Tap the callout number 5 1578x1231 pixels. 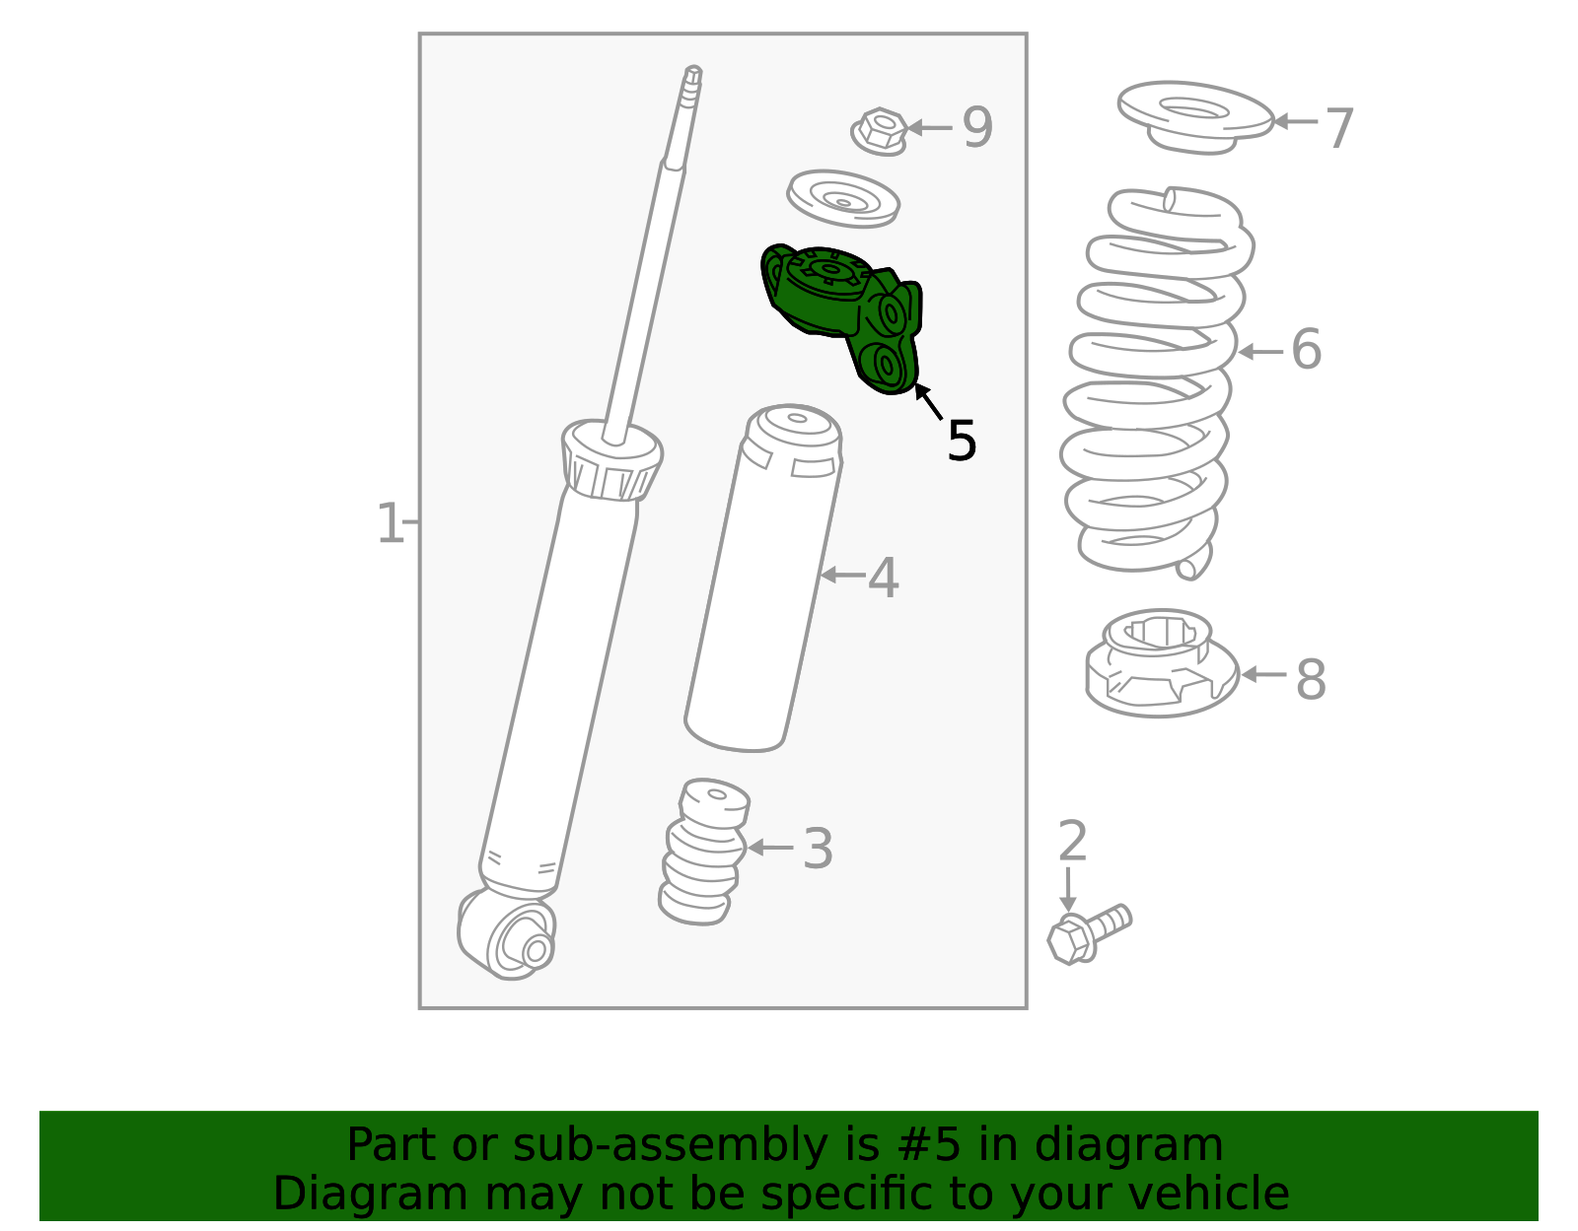pyautogui.click(x=962, y=441)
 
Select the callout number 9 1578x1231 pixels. pyautogui.click(x=976, y=127)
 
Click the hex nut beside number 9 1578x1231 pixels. pyautogui.click(x=880, y=132)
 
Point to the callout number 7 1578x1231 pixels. pyautogui.click(x=1339, y=128)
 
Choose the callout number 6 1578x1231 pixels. pyautogui.click(x=1306, y=349)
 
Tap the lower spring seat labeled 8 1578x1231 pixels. pyautogui.click(x=1162, y=663)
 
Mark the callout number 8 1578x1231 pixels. pyautogui.click(x=1311, y=680)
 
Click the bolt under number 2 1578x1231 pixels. pyautogui.click(x=1089, y=935)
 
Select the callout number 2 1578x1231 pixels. pyautogui.click(x=1073, y=841)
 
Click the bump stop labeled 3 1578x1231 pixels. pyautogui.click(x=703, y=852)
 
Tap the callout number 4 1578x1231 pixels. pyautogui.click(x=883, y=578)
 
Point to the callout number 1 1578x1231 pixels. pyautogui.click(x=390, y=523)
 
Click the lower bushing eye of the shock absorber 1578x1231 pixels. pyautogui.click(x=517, y=940)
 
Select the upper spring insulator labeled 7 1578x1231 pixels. pyautogui.click(x=1195, y=116)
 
